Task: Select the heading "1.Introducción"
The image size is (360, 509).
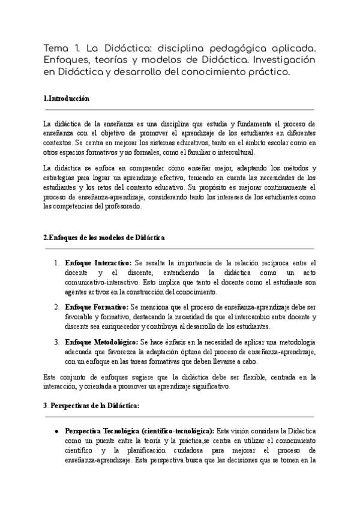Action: tap(67, 98)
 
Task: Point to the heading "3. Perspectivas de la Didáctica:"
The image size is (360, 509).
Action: tap(92, 405)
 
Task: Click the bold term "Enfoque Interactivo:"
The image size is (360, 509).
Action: tap(98, 263)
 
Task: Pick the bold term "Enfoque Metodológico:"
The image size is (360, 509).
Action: tap(101, 342)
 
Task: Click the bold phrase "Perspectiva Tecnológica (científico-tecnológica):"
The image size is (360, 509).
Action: tap(139, 432)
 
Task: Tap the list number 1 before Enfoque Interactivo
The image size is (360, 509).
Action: tap(56, 263)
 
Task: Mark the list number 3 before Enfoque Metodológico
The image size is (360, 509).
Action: tap(56, 342)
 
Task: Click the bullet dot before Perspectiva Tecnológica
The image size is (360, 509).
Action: tap(56, 432)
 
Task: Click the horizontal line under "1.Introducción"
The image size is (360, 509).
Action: tap(180, 110)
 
